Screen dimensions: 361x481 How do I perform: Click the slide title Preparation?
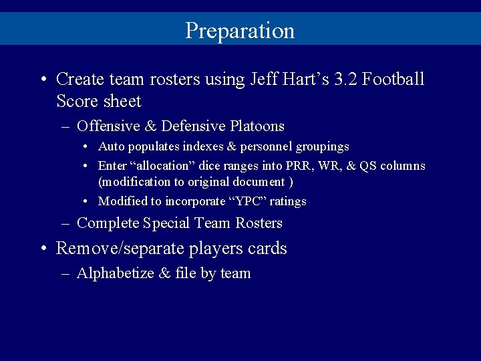[240, 31]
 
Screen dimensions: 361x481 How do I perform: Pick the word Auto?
[110, 146]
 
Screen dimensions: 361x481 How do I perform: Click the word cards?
[267, 249]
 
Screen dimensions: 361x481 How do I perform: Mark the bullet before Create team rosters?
[43, 80]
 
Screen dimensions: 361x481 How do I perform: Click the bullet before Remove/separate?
[43, 249]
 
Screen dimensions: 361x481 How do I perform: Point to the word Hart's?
[307, 80]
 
